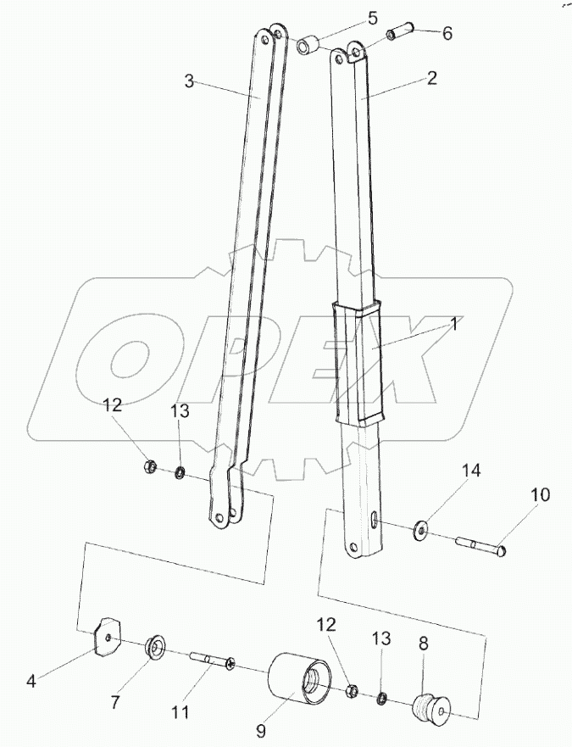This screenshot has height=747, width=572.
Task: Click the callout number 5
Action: tap(372, 19)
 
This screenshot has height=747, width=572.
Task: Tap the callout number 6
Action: tap(447, 33)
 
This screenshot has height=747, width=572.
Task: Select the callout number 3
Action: tap(190, 81)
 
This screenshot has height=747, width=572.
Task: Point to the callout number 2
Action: tap(431, 78)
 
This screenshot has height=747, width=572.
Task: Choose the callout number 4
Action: tap(31, 682)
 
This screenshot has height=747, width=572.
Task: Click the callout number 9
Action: tap(262, 730)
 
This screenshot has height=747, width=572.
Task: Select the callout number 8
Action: tap(424, 644)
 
